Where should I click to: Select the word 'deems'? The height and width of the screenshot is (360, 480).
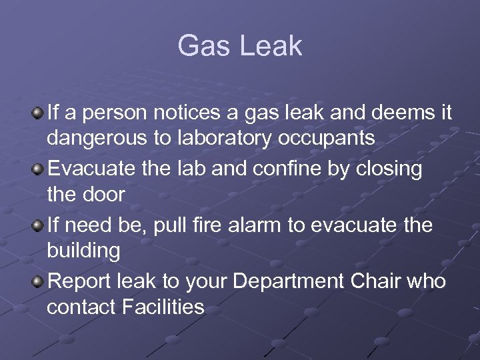396,113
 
